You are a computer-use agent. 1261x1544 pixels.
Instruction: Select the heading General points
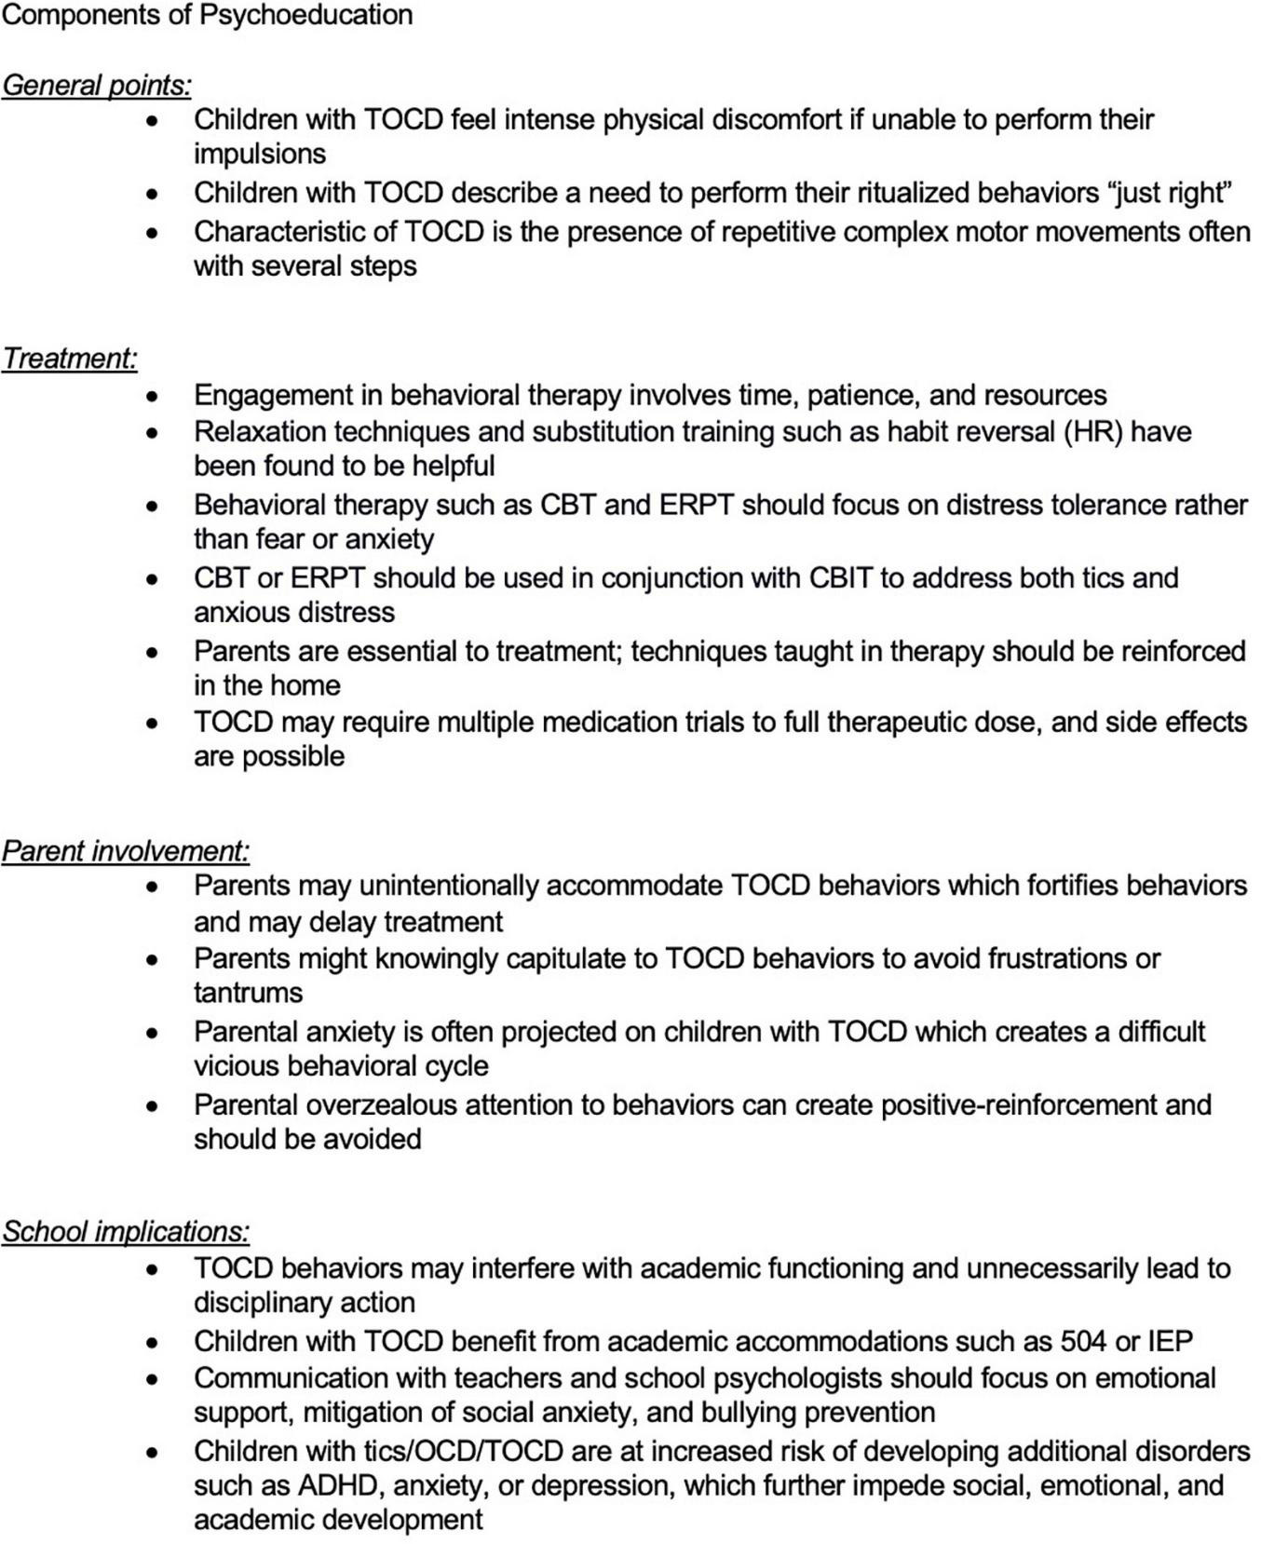[96, 86]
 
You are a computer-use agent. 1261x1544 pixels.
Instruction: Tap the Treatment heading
[69, 359]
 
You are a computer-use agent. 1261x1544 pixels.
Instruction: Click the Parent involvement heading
[125, 851]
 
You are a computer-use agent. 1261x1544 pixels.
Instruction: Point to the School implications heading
[125, 1232]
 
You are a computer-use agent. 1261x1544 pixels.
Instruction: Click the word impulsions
[260, 154]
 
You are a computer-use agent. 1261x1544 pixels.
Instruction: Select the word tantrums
[248, 993]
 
